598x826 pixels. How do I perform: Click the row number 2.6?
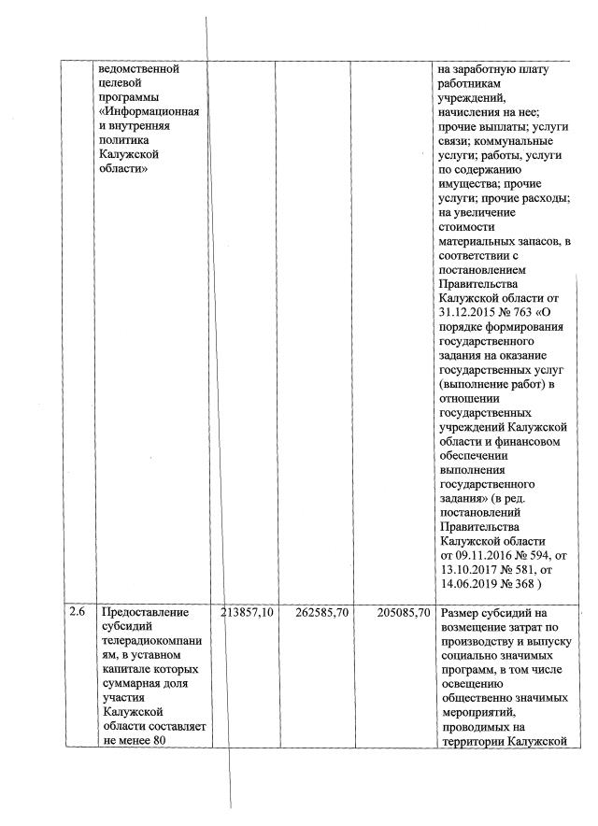point(78,613)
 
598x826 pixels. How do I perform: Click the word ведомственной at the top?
point(138,69)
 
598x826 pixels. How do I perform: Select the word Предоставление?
point(144,613)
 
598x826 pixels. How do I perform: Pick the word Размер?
point(460,613)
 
